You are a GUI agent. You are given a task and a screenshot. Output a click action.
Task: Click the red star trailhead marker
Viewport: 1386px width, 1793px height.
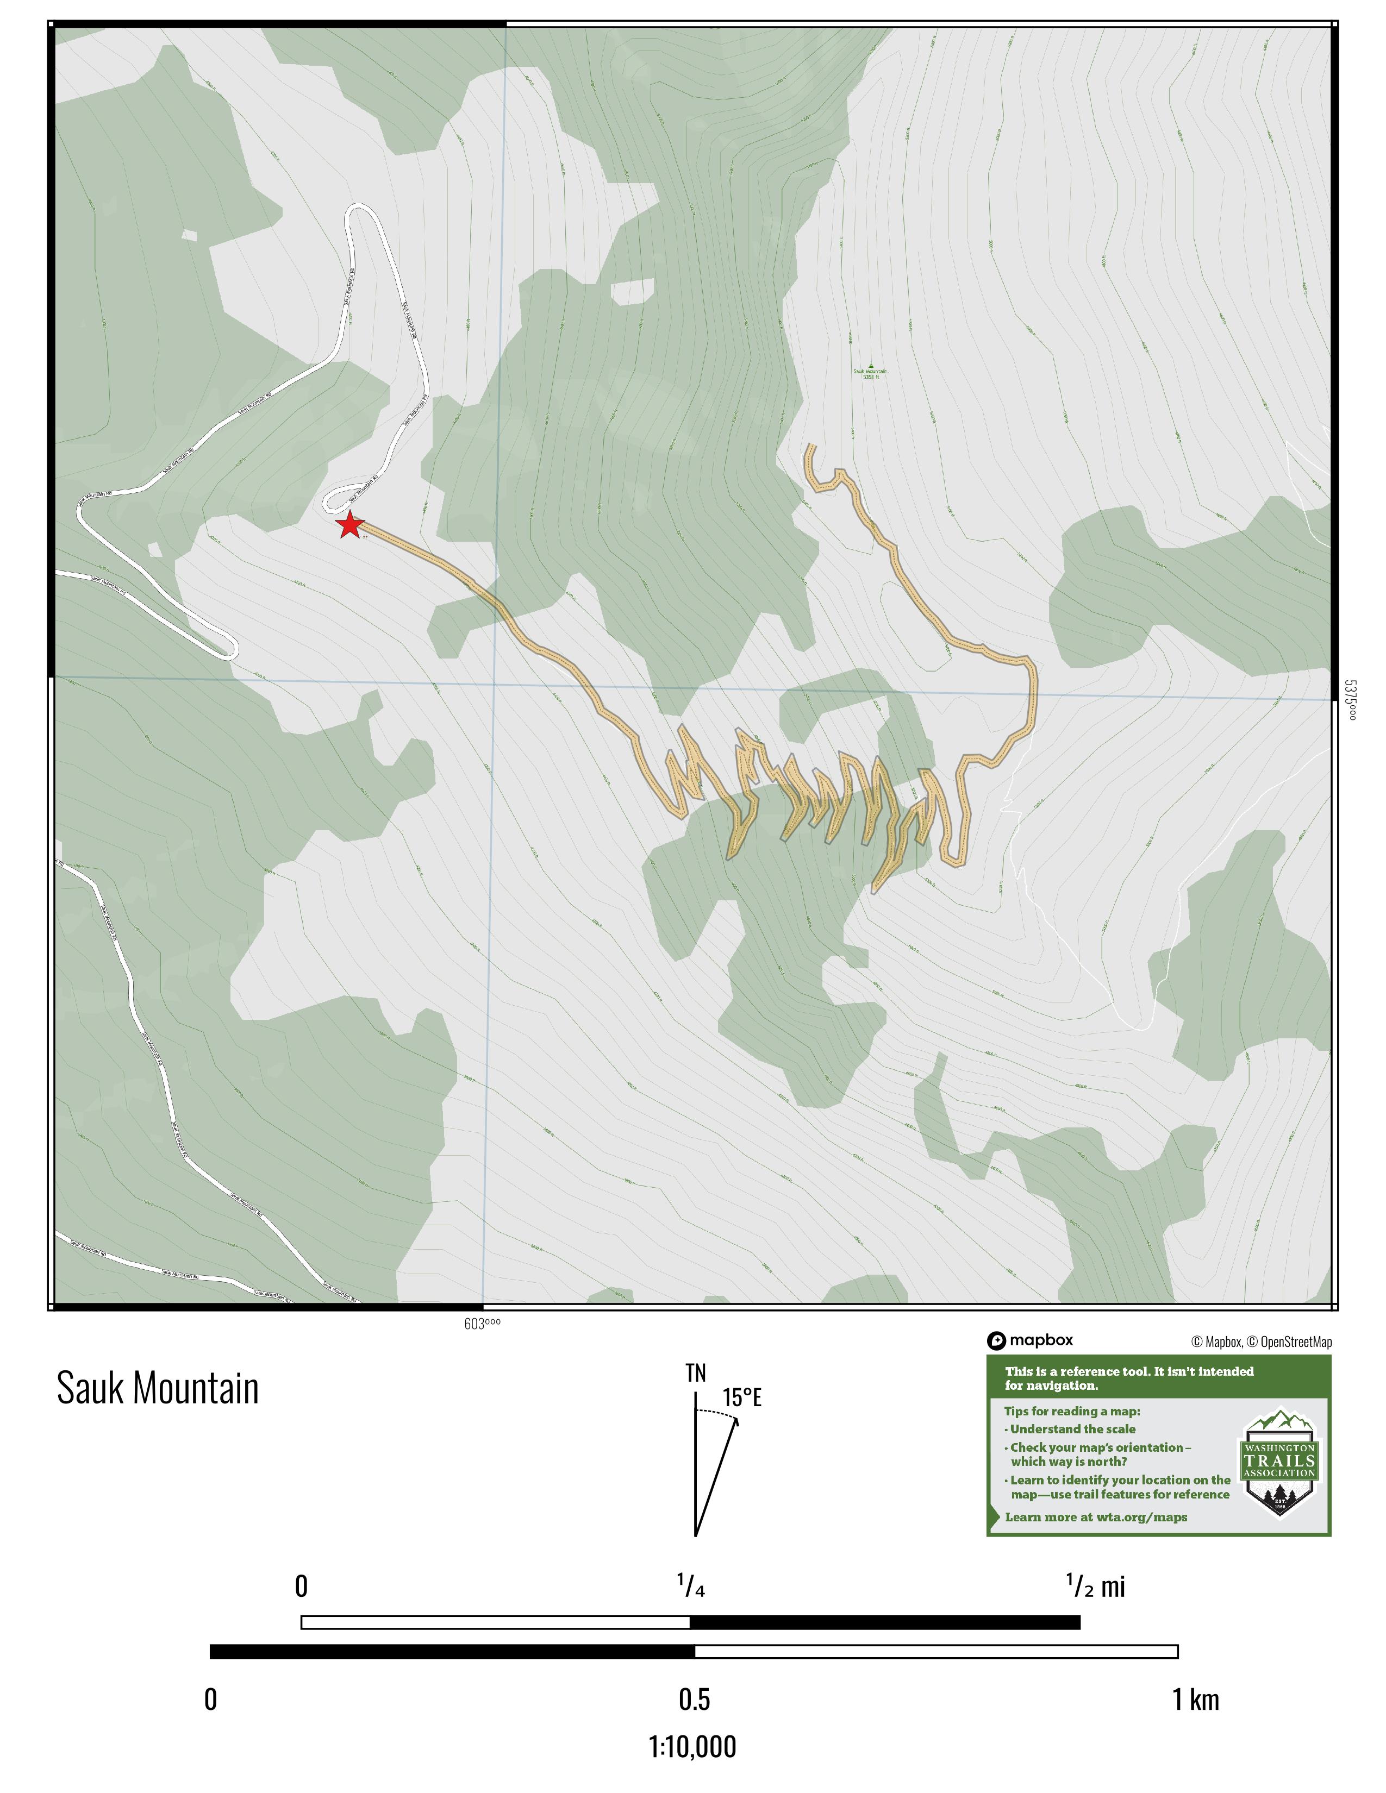tap(351, 525)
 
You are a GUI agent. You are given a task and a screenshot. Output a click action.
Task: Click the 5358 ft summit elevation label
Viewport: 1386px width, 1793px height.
tap(870, 376)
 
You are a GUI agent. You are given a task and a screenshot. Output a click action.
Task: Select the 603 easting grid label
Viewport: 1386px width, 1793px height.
tap(482, 1322)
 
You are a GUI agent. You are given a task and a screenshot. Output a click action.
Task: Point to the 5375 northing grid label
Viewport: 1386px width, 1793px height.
tap(1351, 699)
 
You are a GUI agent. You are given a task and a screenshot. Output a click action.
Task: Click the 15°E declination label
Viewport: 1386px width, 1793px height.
tap(742, 1398)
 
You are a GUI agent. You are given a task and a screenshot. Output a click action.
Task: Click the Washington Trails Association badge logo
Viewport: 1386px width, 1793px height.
tap(1279, 1466)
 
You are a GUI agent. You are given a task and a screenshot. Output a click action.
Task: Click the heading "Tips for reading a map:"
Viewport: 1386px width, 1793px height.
tap(1071, 1411)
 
